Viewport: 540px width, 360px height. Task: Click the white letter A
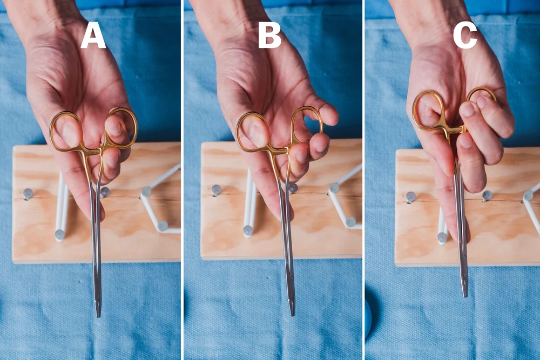(x=93, y=36)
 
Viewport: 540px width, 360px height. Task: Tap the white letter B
(x=269, y=36)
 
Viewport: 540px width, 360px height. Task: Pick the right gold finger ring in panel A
(x=122, y=127)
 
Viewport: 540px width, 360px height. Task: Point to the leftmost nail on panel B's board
(x=217, y=190)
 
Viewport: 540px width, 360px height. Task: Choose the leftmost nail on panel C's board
(x=411, y=197)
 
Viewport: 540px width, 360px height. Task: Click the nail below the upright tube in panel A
(x=59, y=235)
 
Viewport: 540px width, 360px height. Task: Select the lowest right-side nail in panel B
(x=350, y=222)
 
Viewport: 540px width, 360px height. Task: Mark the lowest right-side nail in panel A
(x=163, y=226)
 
